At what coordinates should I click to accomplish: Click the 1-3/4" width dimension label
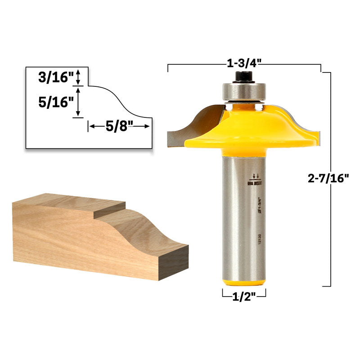(244, 63)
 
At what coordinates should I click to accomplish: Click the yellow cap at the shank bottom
(244, 281)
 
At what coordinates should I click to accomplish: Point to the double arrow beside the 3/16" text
(79, 77)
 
